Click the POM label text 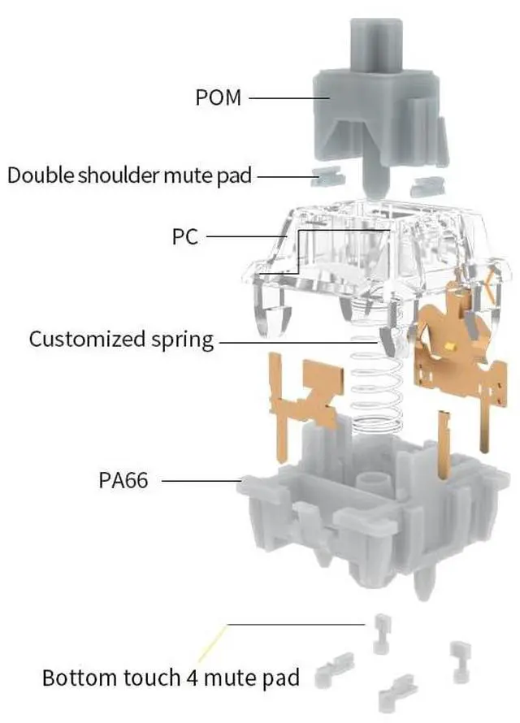tap(219, 98)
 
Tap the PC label tap(185, 237)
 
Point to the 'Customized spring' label tap(122, 339)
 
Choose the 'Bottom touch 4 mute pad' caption tap(171, 677)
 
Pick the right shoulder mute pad tap(427, 187)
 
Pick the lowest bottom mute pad tap(401, 691)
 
